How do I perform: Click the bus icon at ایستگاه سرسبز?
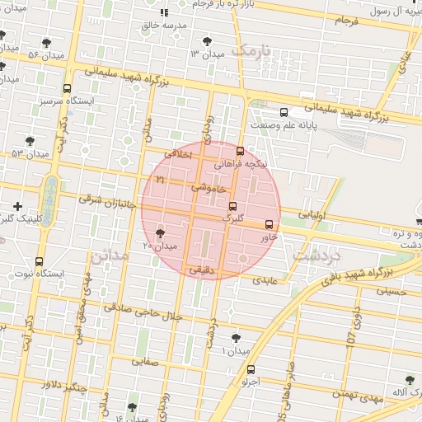(67, 88)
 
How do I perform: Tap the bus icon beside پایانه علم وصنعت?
(284, 112)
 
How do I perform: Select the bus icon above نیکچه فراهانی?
(240, 151)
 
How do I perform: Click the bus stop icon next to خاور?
(269, 224)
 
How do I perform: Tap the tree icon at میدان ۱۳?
(206, 40)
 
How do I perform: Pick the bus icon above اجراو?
(251, 369)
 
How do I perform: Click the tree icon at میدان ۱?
(237, 339)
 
